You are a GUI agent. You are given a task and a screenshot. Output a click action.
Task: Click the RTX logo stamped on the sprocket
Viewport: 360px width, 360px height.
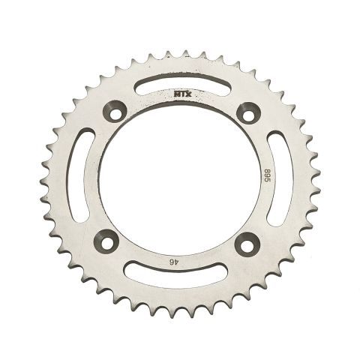tap(180, 95)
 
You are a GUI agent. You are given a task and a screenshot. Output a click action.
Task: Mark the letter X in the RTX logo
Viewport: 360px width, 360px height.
tap(187, 95)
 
